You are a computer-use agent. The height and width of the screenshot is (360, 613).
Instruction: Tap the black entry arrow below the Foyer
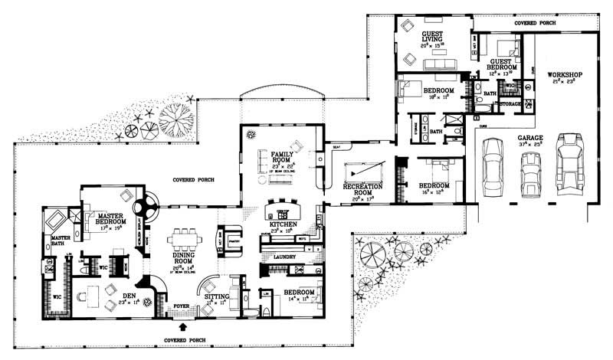coord(182,328)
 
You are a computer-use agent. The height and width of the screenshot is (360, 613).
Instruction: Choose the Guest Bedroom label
coord(500,64)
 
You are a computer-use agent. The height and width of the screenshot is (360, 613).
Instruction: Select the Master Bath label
coord(61,241)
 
